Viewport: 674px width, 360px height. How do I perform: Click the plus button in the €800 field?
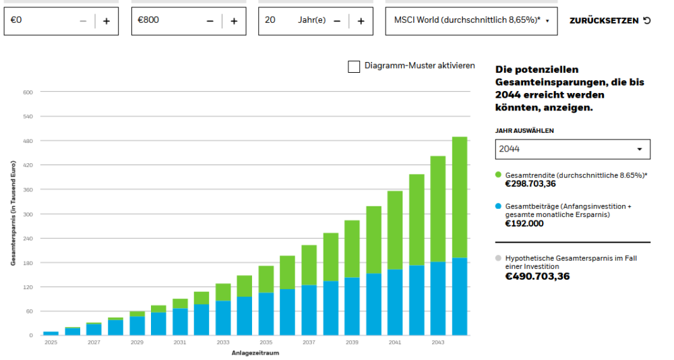click(x=234, y=21)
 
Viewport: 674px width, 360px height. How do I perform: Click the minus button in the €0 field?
click(x=83, y=21)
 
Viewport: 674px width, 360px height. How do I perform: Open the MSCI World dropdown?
click(x=472, y=21)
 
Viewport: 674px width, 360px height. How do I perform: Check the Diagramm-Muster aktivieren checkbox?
click(x=354, y=66)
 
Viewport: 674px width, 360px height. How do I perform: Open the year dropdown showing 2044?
click(x=572, y=149)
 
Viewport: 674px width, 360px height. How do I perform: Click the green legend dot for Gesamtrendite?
click(x=498, y=175)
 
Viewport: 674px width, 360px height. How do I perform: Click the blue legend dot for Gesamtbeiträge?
click(x=498, y=206)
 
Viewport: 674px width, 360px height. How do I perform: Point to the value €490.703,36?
click(x=537, y=276)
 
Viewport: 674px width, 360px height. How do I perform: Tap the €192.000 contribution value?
click(x=524, y=224)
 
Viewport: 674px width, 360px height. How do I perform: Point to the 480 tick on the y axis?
click(x=28, y=141)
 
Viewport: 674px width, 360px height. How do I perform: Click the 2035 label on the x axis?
click(x=266, y=343)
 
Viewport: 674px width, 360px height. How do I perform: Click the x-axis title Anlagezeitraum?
click(x=255, y=353)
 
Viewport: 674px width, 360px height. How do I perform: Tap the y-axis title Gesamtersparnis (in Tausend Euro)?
click(x=13, y=213)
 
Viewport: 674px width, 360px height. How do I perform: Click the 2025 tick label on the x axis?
click(x=51, y=343)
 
